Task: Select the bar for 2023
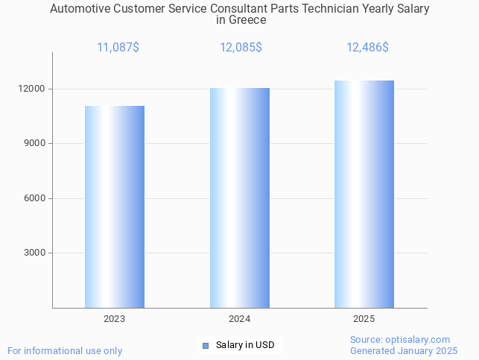click(x=115, y=206)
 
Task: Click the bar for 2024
click(x=240, y=198)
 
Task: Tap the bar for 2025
click(x=364, y=194)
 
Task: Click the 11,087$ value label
click(x=118, y=48)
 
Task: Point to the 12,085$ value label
click(x=241, y=48)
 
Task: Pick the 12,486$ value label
click(x=367, y=48)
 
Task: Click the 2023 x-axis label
click(x=115, y=319)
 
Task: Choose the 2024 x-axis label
click(x=240, y=319)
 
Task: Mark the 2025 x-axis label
click(x=364, y=319)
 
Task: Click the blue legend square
click(x=206, y=345)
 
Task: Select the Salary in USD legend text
click(x=245, y=345)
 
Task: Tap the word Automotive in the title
click(x=80, y=9)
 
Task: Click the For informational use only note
click(x=65, y=350)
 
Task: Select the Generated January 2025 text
click(x=404, y=350)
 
